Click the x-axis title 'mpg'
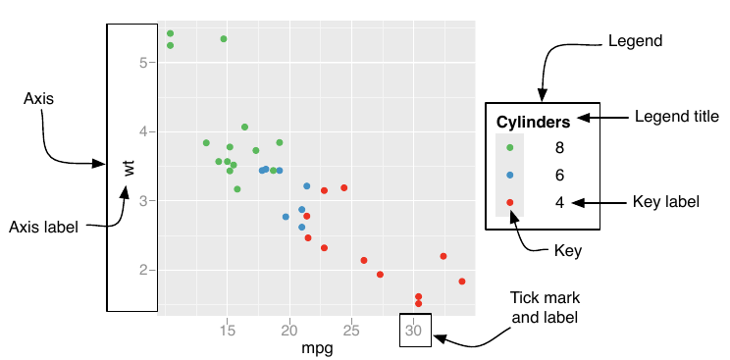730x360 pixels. [316, 347]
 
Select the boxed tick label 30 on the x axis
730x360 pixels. [414, 331]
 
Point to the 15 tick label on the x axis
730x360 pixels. [228, 331]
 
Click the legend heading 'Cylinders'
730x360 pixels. [534, 123]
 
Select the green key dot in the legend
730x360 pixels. [510, 148]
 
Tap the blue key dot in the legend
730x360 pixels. [510, 176]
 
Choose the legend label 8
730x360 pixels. [559, 148]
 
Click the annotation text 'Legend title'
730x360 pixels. [676, 116]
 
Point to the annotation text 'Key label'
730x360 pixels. [665, 203]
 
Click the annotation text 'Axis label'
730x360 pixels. [43, 227]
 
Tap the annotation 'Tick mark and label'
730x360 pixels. [543, 307]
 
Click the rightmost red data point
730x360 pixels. [461, 282]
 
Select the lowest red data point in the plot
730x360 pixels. [418, 304]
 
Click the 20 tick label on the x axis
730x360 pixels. [289, 331]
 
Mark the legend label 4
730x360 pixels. [559, 203]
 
